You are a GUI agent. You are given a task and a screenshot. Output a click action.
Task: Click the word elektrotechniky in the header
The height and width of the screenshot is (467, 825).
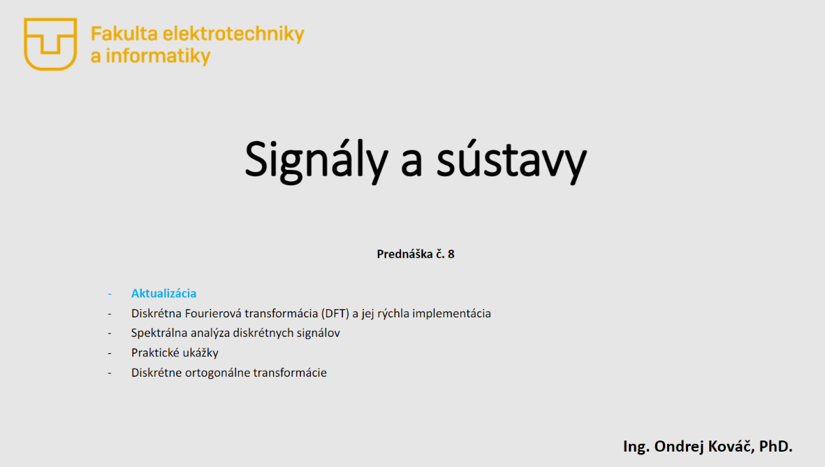point(233,34)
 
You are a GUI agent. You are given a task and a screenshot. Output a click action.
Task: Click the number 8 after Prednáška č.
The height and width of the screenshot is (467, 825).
point(451,254)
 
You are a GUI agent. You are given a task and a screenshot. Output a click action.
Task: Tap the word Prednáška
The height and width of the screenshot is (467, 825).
point(404,254)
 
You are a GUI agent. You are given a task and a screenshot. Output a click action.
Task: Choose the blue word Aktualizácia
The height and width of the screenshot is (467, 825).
point(163,293)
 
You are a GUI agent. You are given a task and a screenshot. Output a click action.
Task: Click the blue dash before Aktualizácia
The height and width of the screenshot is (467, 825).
point(110,294)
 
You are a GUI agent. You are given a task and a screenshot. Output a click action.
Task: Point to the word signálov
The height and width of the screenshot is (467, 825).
point(317,333)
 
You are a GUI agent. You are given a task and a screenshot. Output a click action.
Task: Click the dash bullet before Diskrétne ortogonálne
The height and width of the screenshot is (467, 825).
point(110,373)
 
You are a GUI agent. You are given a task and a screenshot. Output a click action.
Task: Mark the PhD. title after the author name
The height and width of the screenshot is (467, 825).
point(775,446)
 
